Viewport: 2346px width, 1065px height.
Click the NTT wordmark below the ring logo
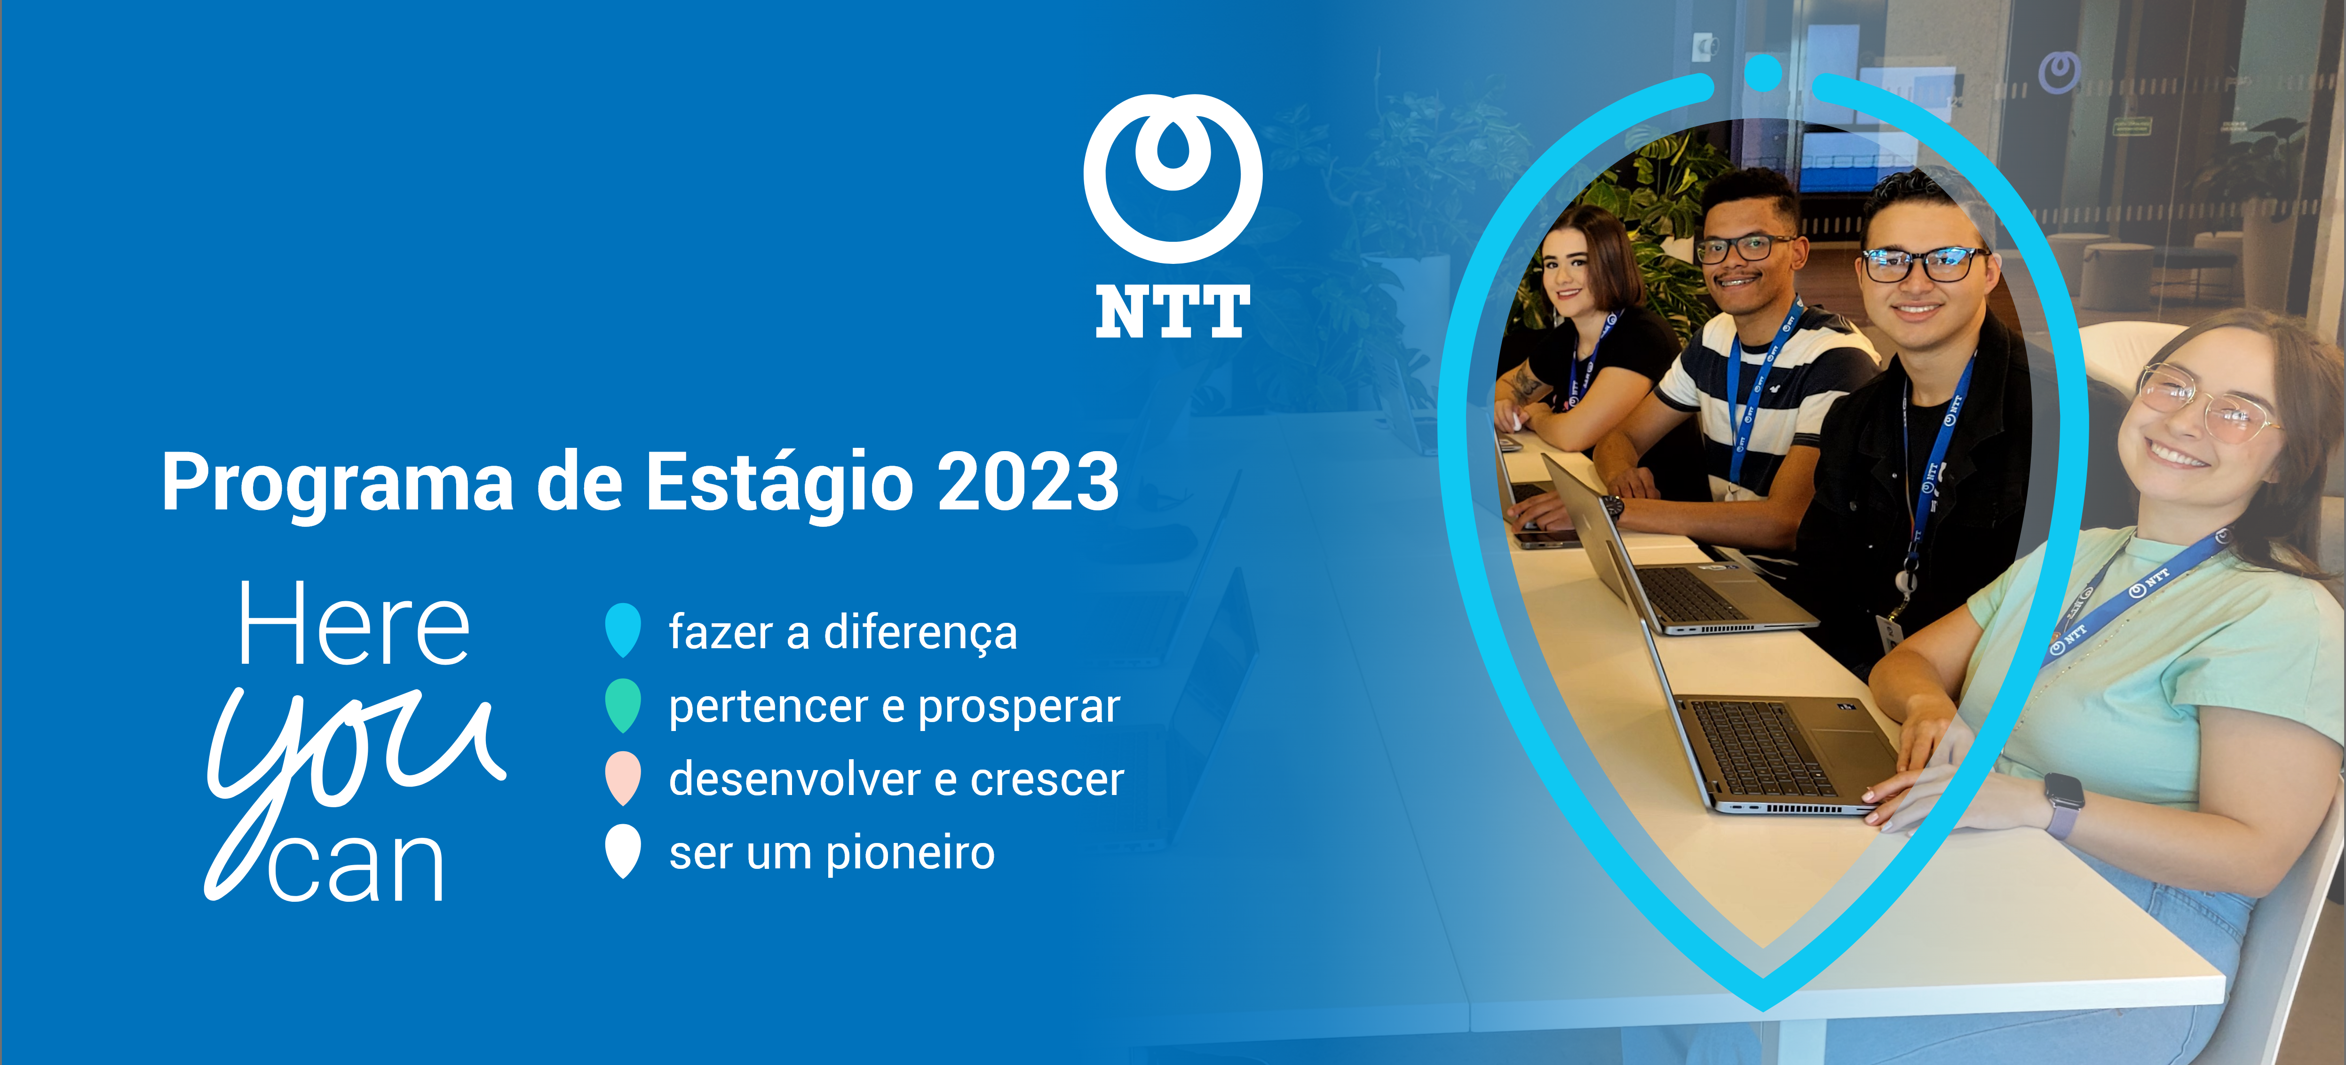(1173, 311)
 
